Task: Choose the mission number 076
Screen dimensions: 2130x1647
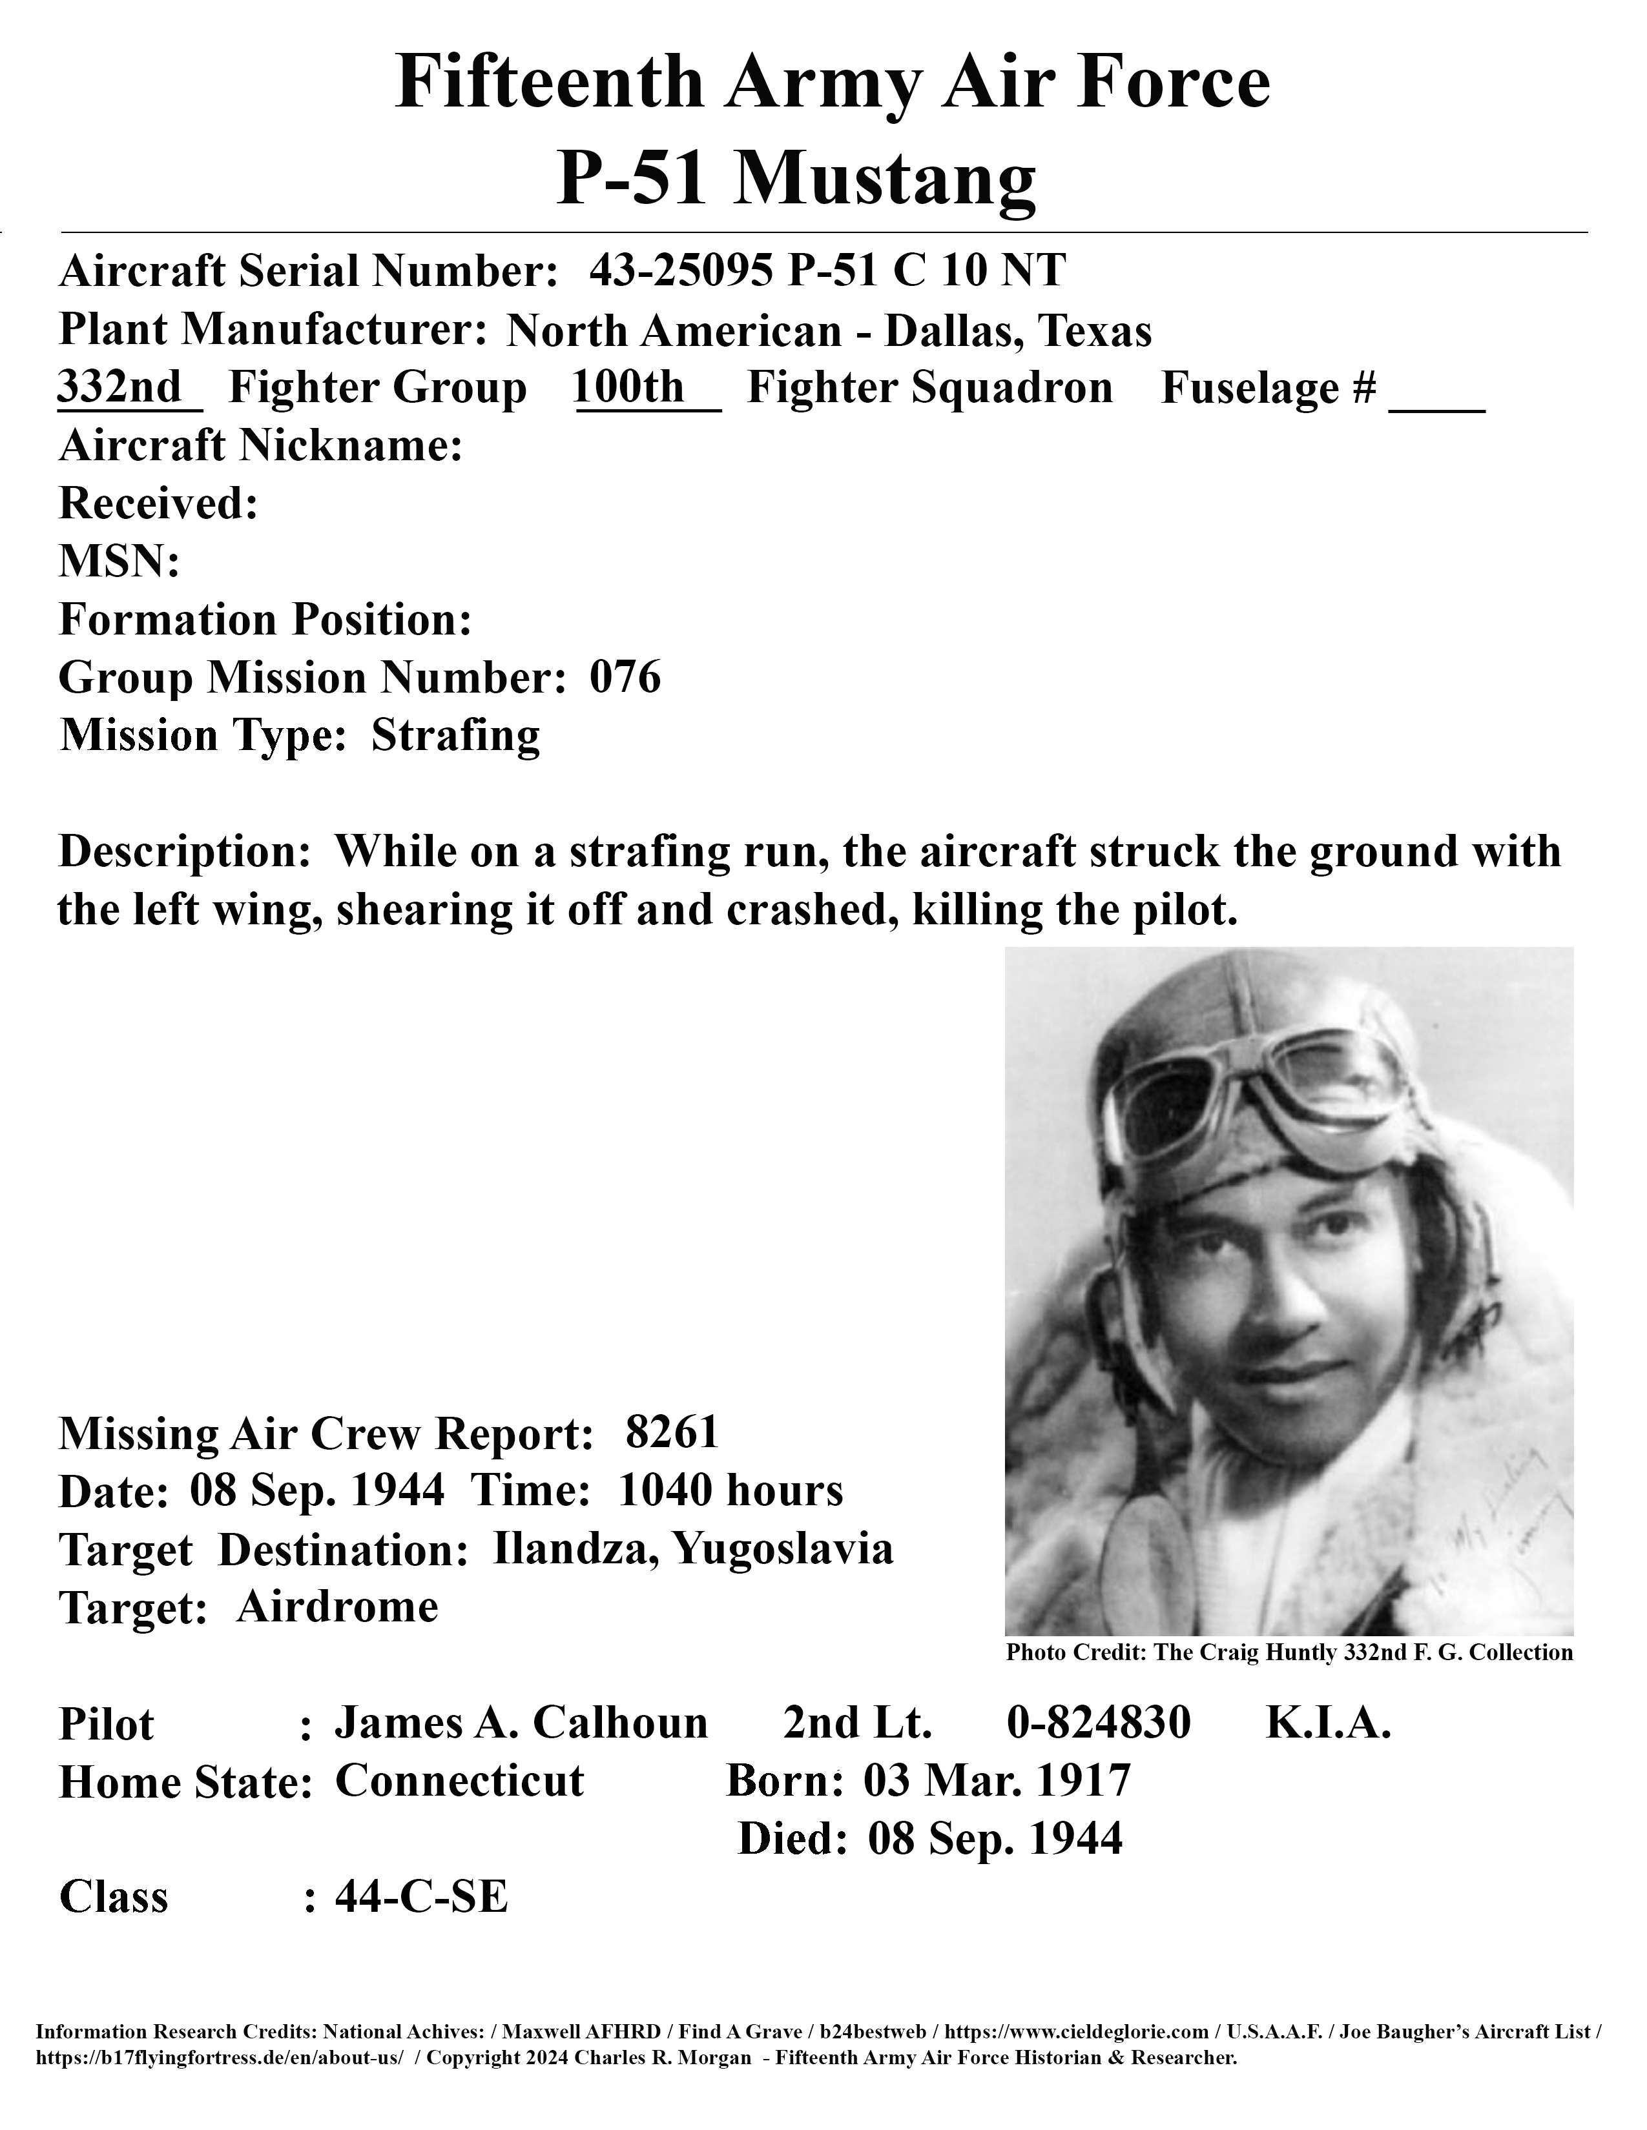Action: (625, 677)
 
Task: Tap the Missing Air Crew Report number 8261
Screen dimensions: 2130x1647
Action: (672, 1433)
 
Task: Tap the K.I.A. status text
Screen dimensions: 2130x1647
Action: (1328, 1723)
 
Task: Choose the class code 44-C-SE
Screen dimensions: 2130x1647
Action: (422, 1898)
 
